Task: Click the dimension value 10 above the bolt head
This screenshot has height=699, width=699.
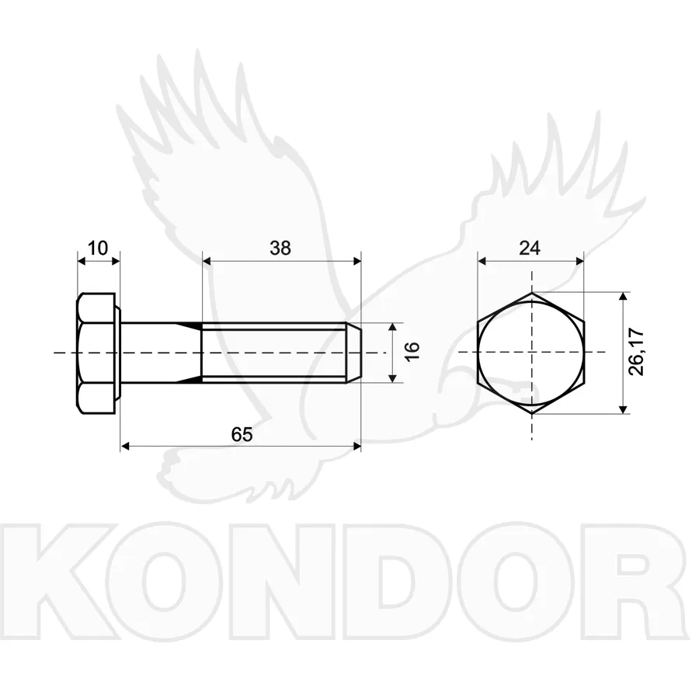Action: coord(98,248)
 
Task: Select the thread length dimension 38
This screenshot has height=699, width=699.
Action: coord(280,248)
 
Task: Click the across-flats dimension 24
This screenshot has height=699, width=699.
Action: coord(530,248)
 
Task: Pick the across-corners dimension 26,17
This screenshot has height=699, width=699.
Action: coord(636,352)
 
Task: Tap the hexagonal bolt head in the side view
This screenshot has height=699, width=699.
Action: coord(96,353)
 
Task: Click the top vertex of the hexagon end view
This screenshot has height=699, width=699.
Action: coord(531,293)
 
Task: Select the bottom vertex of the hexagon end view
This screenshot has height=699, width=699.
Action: coord(531,413)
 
